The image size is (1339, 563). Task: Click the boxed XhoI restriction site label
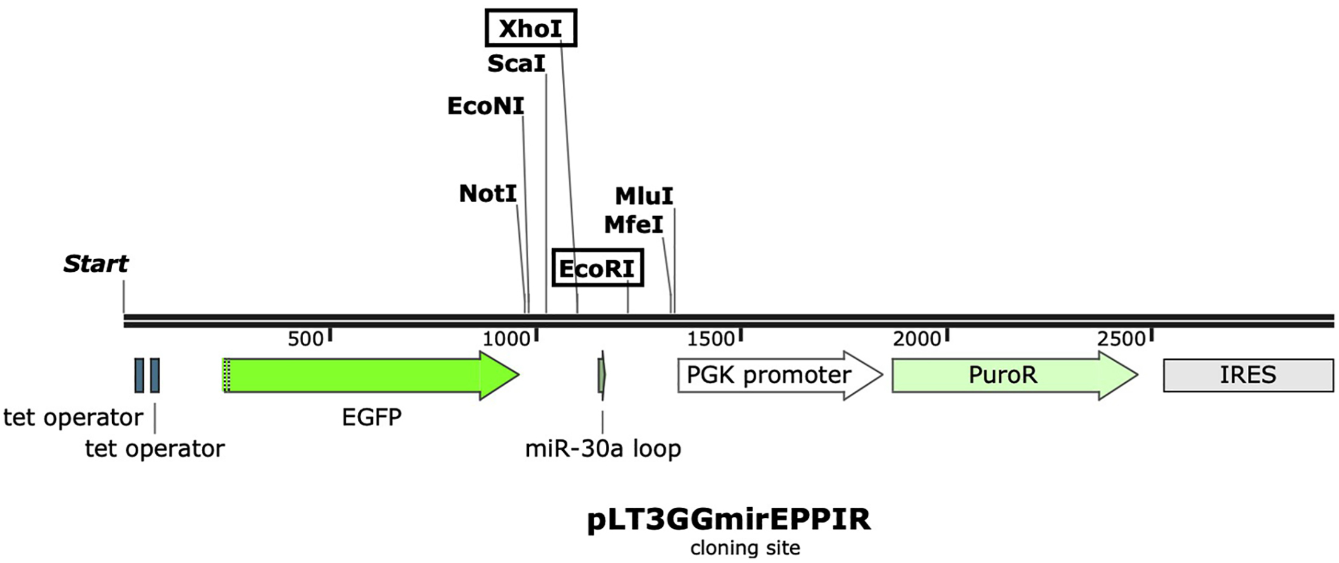(531, 28)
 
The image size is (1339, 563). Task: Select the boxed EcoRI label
(597, 268)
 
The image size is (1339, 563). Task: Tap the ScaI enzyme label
(516, 63)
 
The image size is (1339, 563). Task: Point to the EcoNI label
(485, 106)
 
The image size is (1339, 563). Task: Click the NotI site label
(488, 194)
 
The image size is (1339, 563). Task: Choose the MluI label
(643, 195)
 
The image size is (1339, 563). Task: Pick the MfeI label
(633, 225)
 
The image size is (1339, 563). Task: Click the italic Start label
(96, 264)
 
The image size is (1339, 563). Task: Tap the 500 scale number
(306, 339)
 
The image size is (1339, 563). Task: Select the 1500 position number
(711, 339)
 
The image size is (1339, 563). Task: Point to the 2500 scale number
(1121, 339)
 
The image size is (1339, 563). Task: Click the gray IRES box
(1248, 376)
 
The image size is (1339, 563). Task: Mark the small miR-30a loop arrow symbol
(602, 376)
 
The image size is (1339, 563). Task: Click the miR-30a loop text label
(603, 449)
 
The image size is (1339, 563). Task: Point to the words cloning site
(745, 548)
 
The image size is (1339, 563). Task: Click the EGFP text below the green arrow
(372, 417)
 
